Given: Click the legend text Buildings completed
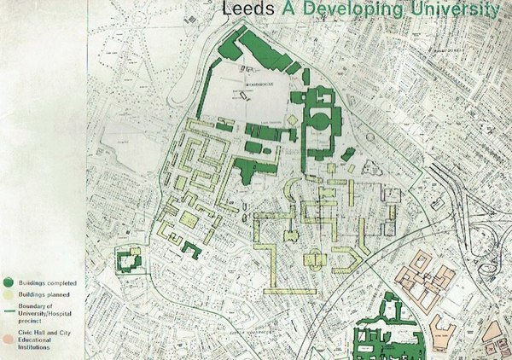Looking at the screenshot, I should (47, 283).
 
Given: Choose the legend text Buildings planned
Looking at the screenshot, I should (44, 295).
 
